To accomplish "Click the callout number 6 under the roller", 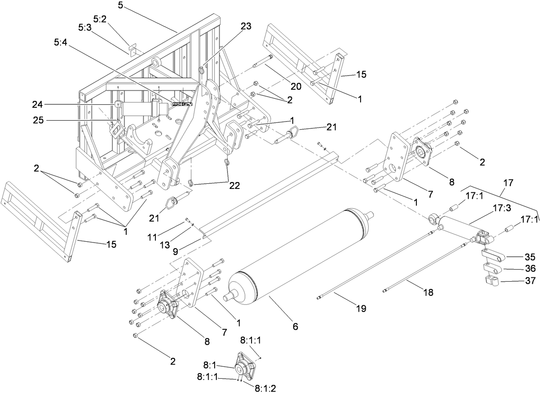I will coord(295,327).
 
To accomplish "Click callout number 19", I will coord(361,308).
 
